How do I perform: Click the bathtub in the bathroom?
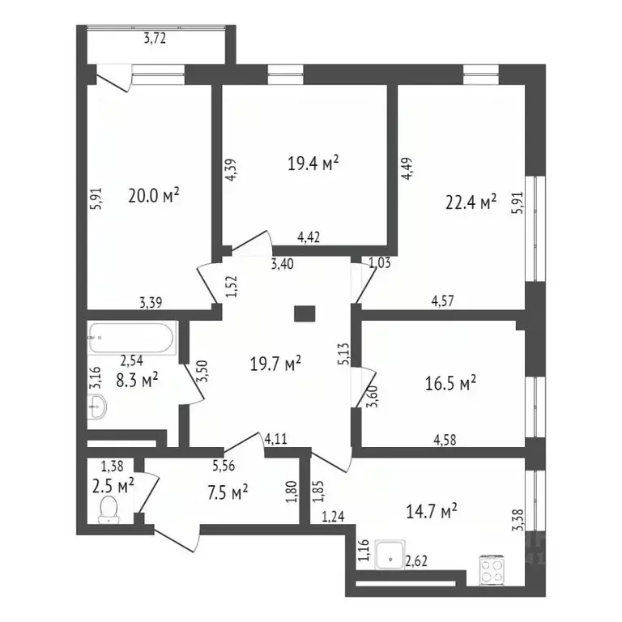pyautogui.click(x=130, y=337)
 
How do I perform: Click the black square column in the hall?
pyautogui.click(x=305, y=313)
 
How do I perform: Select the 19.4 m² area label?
pyautogui.click(x=313, y=164)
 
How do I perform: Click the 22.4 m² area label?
pyautogui.click(x=471, y=203)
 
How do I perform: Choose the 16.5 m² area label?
pyautogui.click(x=450, y=382)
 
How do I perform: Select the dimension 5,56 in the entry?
pyautogui.click(x=225, y=466)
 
